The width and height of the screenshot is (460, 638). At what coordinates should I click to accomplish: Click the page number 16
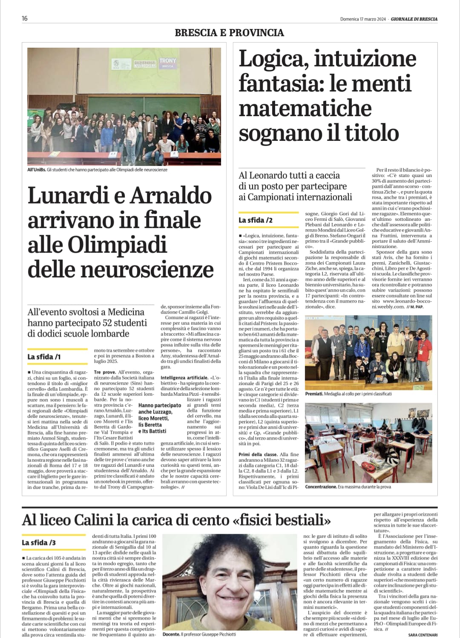coord(25,18)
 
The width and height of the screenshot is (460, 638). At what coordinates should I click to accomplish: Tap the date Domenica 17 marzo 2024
coord(363,19)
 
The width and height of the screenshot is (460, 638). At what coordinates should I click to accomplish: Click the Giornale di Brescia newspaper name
coord(414,19)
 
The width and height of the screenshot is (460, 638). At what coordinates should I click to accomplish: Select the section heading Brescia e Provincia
coord(229,32)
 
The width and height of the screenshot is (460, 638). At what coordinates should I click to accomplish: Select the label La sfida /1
coord(44,357)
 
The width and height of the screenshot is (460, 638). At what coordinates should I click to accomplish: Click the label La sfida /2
coord(256,220)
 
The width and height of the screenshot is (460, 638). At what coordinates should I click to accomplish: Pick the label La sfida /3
coord(39,543)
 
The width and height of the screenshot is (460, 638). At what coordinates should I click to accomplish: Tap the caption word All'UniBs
coord(36,170)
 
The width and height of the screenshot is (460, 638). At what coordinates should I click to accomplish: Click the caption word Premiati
coord(314,394)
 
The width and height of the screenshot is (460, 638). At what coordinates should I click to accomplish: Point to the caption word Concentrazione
coord(320,486)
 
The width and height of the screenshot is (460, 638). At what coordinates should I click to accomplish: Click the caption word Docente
coord(171,634)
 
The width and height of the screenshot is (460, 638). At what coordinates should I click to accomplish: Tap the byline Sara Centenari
coord(423,635)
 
